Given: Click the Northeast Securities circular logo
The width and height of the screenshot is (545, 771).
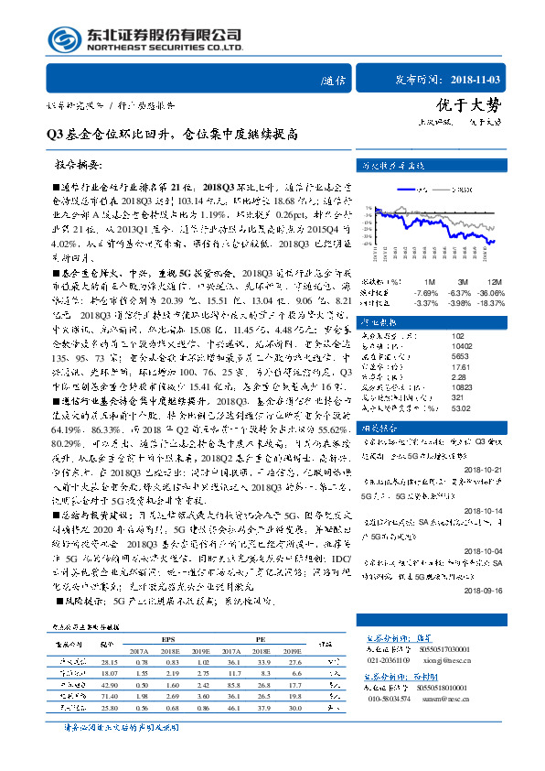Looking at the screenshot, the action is [60, 39].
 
